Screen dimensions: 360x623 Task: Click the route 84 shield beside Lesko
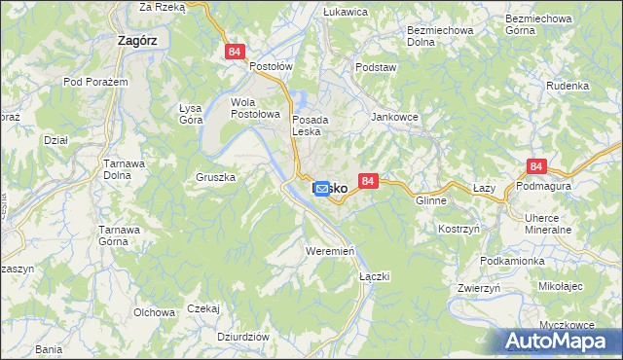pos(367,181)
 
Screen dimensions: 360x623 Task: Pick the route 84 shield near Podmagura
pos(535,167)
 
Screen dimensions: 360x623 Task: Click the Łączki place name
pos(374,276)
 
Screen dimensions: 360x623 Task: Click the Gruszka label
pos(216,178)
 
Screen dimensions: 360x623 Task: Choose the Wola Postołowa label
pos(255,107)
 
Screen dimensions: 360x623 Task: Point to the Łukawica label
pos(345,12)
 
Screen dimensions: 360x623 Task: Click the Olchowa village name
pos(154,312)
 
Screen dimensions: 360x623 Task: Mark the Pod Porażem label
pos(95,82)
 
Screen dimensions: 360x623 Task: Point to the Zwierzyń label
pos(478,288)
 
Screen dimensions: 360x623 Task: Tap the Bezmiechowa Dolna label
pos(434,36)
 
